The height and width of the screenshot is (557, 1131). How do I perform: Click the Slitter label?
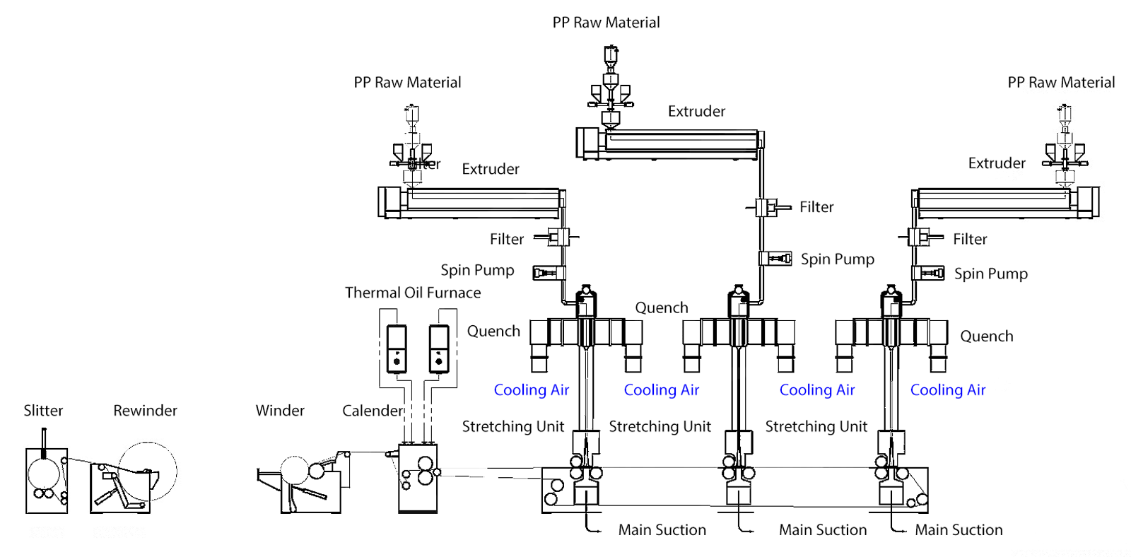coord(43,411)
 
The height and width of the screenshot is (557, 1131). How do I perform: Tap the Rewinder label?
coord(145,411)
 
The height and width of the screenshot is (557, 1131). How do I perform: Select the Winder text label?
coord(280,411)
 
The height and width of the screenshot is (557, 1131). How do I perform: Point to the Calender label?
coord(373,411)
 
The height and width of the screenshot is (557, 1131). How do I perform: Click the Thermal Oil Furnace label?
coord(413,293)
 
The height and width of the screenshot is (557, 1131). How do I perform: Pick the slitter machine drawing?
coord(47,480)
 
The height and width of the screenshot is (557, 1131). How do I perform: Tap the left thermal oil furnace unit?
coord(397,348)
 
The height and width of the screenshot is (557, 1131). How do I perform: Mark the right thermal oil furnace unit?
coord(439,348)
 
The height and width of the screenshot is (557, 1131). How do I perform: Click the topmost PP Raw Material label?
coord(606,23)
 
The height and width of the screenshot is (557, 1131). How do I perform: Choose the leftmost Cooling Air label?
coord(531,390)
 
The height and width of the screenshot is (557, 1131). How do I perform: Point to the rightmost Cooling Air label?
coord(947,390)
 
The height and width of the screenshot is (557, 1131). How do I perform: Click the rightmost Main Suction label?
coord(959,530)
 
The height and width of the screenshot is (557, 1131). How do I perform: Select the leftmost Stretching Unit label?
coord(512,426)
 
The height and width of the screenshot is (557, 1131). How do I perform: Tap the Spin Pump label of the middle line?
coord(837,259)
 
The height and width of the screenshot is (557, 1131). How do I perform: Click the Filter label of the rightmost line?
coord(970,240)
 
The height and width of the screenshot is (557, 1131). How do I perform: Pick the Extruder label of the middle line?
coord(696,112)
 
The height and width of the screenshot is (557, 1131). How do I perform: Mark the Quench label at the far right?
coord(986,336)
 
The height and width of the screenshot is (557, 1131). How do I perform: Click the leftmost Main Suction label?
coord(662,530)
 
